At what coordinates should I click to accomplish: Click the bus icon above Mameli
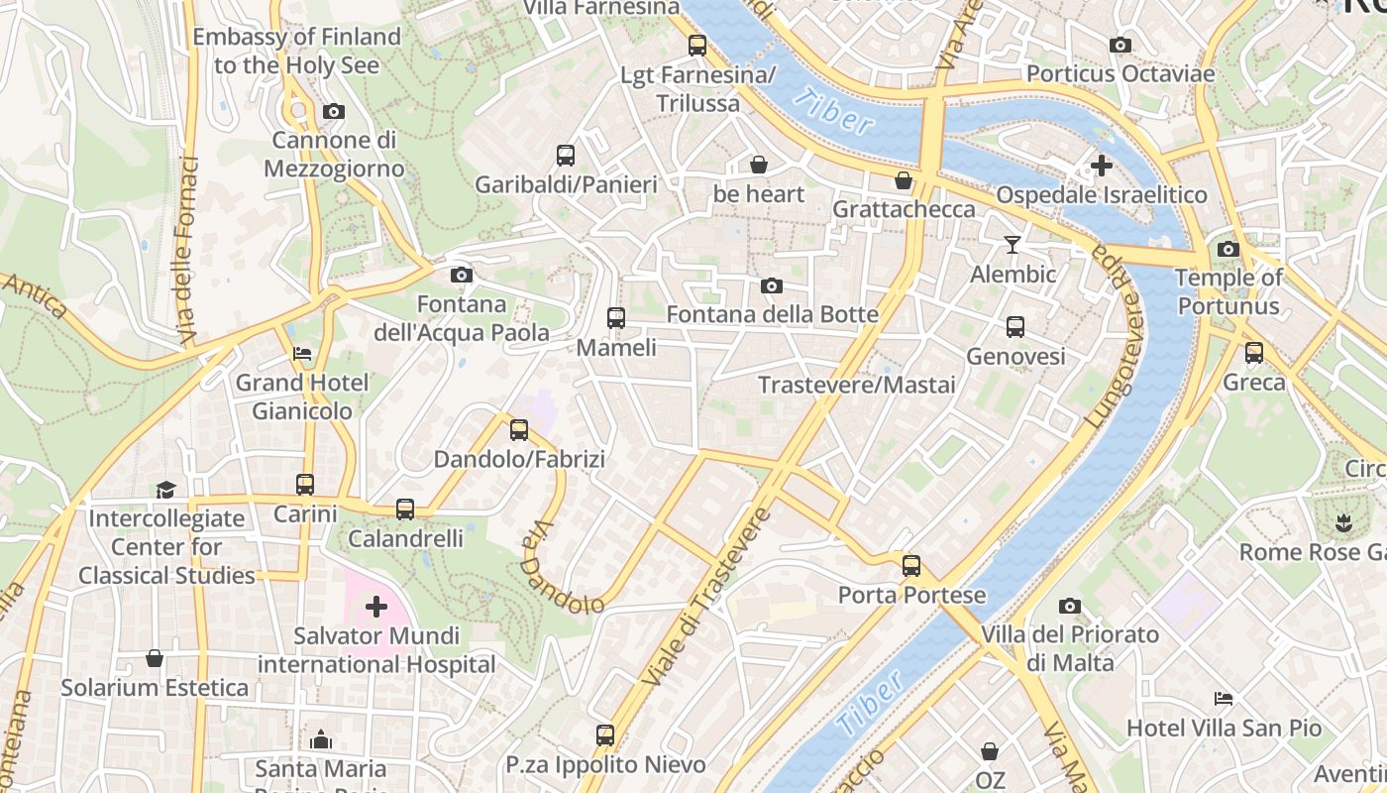[x=616, y=318]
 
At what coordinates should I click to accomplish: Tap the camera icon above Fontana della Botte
[x=772, y=286]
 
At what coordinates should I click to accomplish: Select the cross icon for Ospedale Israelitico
[x=1101, y=166]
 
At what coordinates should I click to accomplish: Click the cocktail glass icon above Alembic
[x=1013, y=244]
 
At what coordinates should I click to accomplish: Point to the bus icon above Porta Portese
[x=911, y=566]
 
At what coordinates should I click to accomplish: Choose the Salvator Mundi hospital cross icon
[x=376, y=606]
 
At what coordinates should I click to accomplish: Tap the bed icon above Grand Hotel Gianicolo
[x=302, y=353]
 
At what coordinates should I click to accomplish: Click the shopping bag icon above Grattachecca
[x=904, y=180]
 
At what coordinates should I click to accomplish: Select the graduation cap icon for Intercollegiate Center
[x=165, y=490]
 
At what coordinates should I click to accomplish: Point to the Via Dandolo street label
[x=561, y=569]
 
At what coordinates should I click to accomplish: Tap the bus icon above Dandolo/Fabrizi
[x=519, y=430]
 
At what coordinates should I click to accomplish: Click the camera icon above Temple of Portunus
[x=1228, y=249]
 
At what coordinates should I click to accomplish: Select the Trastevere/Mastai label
[x=857, y=385]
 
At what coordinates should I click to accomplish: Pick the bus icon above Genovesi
[x=1015, y=327]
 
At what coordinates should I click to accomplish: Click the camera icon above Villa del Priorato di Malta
[x=1070, y=606]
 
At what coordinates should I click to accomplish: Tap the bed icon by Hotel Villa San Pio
[x=1224, y=699]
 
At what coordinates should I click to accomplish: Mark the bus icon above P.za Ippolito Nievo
[x=605, y=736]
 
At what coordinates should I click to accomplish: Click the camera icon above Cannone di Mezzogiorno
[x=334, y=111]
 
